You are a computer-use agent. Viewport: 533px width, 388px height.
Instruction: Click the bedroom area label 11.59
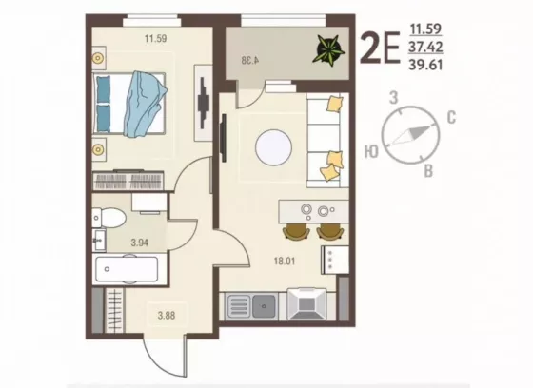(x=156, y=38)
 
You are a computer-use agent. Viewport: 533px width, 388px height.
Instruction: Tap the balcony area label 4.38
(x=250, y=60)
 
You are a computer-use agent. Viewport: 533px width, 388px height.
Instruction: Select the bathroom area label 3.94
(x=139, y=242)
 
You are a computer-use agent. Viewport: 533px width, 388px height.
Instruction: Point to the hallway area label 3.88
(x=167, y=316)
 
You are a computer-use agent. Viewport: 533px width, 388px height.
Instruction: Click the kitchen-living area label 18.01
(x=285, y=262)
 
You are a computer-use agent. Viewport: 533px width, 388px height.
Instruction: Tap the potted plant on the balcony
(x=328, y=49)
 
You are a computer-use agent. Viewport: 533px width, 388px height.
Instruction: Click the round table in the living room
(x=274, y=147)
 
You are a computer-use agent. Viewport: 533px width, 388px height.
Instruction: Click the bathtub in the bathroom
(x=127, y=269)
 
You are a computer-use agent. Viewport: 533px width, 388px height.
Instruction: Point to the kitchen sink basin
(x=265, y=306)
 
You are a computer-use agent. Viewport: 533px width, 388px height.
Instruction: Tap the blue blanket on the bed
(x=144, y=104)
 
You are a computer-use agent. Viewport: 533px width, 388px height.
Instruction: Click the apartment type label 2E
(x=380, y=48)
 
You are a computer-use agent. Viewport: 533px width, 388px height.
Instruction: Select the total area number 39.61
(x=425, y=65)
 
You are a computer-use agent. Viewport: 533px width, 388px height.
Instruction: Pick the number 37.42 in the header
(x=425, y=47)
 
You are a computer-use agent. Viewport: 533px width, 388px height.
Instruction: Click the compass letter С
(x=451, y=118)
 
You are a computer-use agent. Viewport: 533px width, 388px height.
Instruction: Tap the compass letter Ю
(x=371, y=152)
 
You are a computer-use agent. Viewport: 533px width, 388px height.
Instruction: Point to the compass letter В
(x=428, y=171)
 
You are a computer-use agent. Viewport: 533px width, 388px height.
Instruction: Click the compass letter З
(x=394, y=98)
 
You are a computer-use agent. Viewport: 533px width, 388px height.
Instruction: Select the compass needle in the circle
(x=410, y=135)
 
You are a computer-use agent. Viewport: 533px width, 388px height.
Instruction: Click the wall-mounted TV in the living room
(x=224, y=138)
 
